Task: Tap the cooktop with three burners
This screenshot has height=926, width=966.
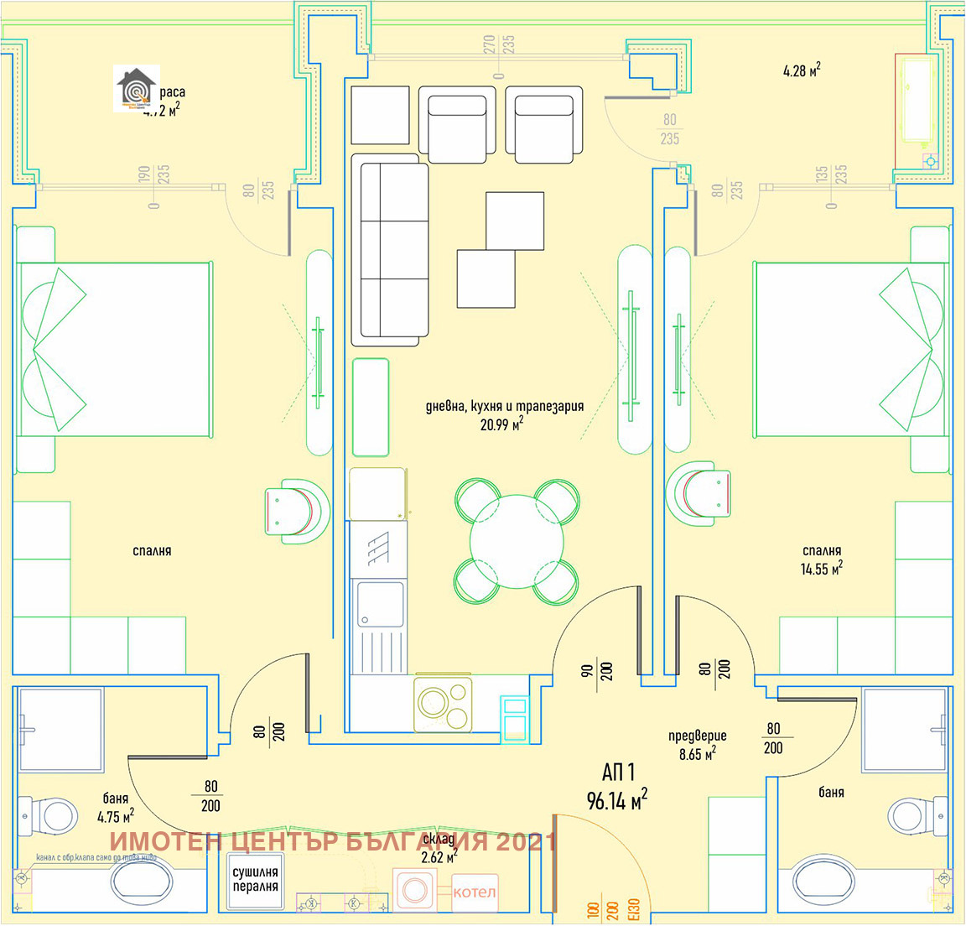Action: [x=443, y=705]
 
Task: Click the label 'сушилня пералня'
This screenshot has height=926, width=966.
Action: [x=256, y=880]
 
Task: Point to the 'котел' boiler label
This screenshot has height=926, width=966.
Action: [x=475, y=892]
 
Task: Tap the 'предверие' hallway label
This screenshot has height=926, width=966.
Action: [x=698, y=736]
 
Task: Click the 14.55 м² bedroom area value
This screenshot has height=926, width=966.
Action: [x=821, y=569]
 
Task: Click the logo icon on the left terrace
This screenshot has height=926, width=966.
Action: [x=135, y=88]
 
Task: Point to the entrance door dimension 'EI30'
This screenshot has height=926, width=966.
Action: [x=635, y=910]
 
